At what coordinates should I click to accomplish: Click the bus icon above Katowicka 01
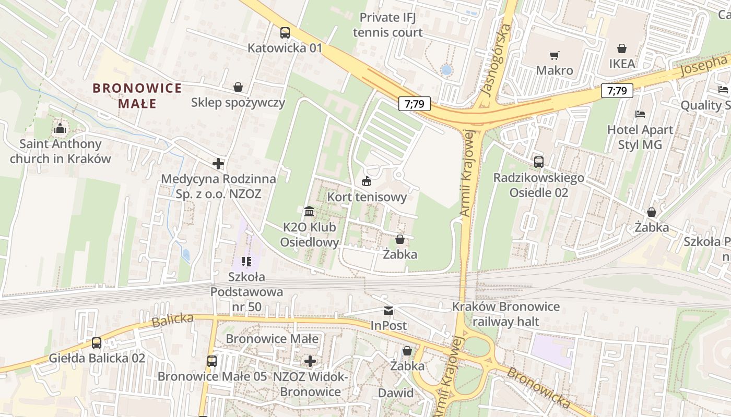tap(285, 33)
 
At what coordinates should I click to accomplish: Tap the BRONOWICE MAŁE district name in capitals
tap(137, 96)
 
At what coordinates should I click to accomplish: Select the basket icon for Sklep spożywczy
tap(238, 87)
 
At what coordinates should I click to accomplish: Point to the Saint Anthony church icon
tap(60, 128)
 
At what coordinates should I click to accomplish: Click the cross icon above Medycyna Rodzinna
tap(218, 164)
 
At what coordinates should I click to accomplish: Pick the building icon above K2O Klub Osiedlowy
tap(309, 212)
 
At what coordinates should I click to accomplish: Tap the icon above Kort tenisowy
tap(367, 182)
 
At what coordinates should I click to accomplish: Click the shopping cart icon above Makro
tap(554, 55)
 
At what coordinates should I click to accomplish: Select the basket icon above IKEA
tap(622, 48)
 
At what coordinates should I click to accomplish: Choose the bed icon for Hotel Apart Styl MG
tap(640, 114)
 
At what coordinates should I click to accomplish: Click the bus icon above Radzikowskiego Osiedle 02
tap(539, 162)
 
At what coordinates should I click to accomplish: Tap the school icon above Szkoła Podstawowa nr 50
tap(246, 261)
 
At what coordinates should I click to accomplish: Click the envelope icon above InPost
tap(388, 311)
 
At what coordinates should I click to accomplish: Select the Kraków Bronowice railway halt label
tap(505, 314)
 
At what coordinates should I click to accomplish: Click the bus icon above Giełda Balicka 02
tap(97, 343)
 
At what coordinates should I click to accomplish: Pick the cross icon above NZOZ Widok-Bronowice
tap(310, 361)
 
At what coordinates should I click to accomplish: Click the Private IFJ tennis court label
tap(387, 25)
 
